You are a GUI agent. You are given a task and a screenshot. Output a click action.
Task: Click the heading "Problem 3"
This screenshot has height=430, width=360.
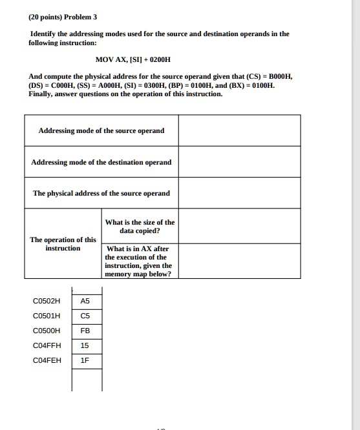[x=81, y=16]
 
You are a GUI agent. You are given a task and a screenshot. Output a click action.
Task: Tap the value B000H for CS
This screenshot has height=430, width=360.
[x=280, y=76]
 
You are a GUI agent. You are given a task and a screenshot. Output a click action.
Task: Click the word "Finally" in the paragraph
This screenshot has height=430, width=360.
[x=42, y=94]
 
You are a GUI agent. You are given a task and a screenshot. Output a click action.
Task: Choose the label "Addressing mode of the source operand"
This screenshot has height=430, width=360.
[x=101, y=130]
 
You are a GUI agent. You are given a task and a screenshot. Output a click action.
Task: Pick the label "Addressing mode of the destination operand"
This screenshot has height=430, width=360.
[x=101, y=162]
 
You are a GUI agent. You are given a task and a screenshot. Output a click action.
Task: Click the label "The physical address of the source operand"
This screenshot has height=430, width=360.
[x=101, y=193]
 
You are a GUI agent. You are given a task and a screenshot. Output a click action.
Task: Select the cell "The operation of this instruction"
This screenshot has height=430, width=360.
[x=63, y=244]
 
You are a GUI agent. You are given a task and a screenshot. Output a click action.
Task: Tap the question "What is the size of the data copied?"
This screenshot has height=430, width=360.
[x=140, y=226]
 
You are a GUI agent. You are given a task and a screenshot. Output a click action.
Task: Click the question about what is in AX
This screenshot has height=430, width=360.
[x=139, y=261]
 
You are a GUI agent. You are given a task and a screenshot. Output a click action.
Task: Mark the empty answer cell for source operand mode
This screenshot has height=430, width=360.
[x=239, y=130]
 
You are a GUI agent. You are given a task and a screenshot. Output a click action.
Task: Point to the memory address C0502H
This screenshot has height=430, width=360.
[x=46, y=301]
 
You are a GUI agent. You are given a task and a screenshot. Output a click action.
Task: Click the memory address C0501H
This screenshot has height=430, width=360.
[x=46, y=316]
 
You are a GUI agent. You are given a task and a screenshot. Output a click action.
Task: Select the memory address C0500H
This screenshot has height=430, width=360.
[x=46, y=331]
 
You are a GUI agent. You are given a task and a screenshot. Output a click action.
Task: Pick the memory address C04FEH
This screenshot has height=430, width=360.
[x=46, y=360]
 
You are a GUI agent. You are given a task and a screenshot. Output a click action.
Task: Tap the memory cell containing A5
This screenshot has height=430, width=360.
[x=86, y=301]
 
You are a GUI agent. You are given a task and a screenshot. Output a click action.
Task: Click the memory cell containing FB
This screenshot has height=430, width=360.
[x=86, y=331]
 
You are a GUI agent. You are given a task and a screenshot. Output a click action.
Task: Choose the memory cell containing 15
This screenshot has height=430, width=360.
[x=86, y=345]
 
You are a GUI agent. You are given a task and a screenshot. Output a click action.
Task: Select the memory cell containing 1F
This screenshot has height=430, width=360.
[x=86, y=360]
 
